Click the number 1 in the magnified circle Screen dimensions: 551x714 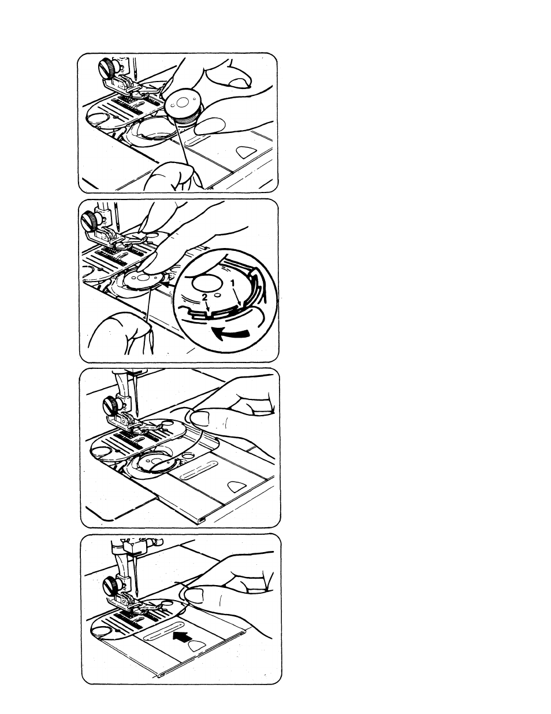233,283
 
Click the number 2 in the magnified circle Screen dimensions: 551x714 204,297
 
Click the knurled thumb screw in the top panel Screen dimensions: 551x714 107,68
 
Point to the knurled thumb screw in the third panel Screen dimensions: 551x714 110,404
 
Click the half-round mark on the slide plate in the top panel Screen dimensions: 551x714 247,151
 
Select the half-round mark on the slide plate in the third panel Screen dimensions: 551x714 237,487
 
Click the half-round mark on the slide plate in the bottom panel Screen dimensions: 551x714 197,645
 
